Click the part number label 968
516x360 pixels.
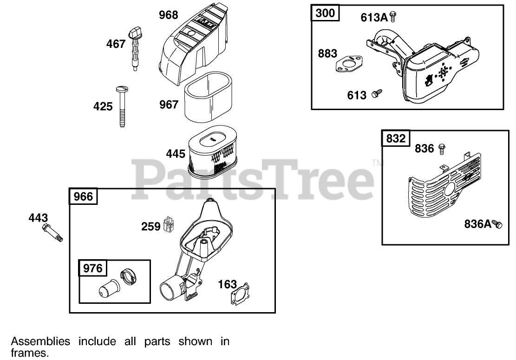click(168, 15)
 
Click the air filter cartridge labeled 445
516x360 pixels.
click(212, 152)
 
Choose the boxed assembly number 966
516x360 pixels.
click(84, 197)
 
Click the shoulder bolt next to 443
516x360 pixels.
click(52, 232)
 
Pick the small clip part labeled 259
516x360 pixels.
click(169, 224)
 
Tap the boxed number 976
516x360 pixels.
click(93, 268)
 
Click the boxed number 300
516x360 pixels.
click(325, 13)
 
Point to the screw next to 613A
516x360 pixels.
click(393, 17)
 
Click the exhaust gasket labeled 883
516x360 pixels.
click(347, 65)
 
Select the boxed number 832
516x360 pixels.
click(396, 139)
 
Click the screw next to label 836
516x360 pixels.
click(441, 149)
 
